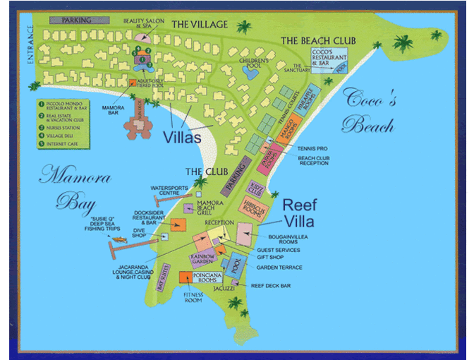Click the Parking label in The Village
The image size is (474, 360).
click(76, 20)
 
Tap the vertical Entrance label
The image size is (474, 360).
click(30, 47)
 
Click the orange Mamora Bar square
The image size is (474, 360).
click(132, 83)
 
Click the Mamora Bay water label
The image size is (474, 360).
click(67, 188)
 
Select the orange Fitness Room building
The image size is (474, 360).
click(186, 276)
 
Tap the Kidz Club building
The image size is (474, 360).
click(255, 188)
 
